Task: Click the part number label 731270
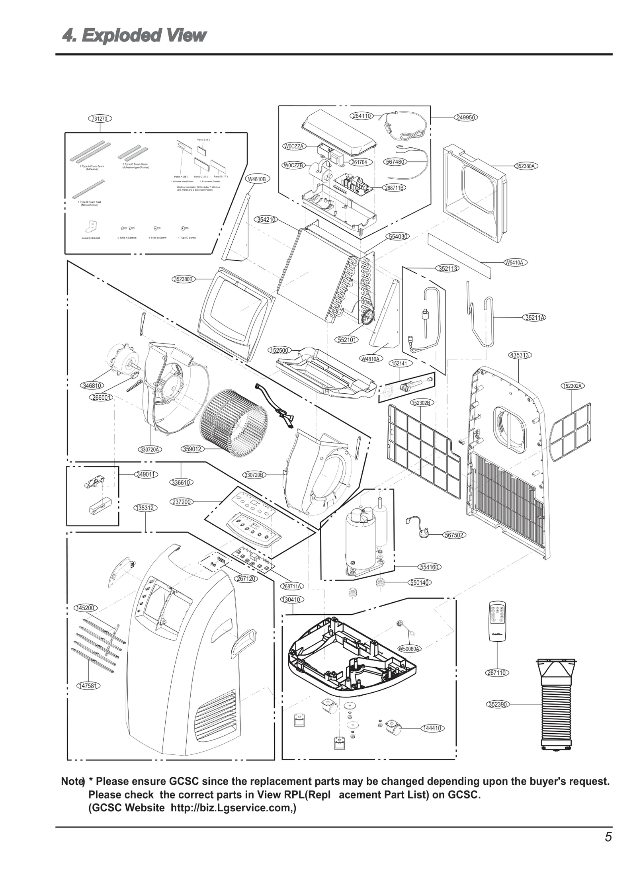coord(100,118)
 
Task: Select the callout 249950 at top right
coord(465,117)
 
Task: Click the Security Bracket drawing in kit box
coord(90,227)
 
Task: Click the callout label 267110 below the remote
coord(497,673)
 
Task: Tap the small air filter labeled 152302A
coord(570,431)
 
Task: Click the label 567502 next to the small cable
coord(454,535)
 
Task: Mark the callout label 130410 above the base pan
coord(293,600)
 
